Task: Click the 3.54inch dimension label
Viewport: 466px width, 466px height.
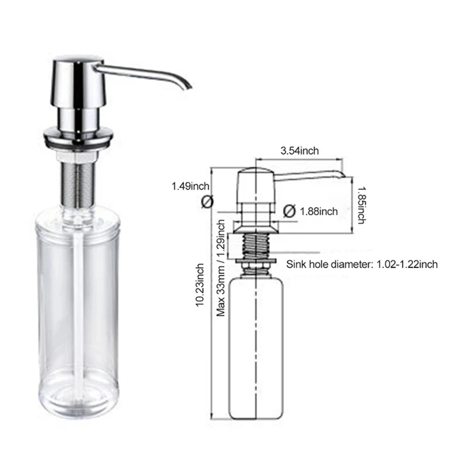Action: (299, 151)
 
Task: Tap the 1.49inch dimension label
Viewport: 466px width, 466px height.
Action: (190, 186)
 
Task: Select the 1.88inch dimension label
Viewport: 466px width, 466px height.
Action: (318, 211)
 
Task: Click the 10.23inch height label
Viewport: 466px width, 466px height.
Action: (200, 285)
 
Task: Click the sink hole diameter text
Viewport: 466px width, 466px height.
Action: (362, 264)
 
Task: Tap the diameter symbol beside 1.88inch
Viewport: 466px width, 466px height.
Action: (290, 211)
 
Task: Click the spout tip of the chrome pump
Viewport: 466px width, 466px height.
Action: (188, 86)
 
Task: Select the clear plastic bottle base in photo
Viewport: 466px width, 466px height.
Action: (77, 402)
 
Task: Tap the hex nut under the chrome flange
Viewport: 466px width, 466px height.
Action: (76, 156)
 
